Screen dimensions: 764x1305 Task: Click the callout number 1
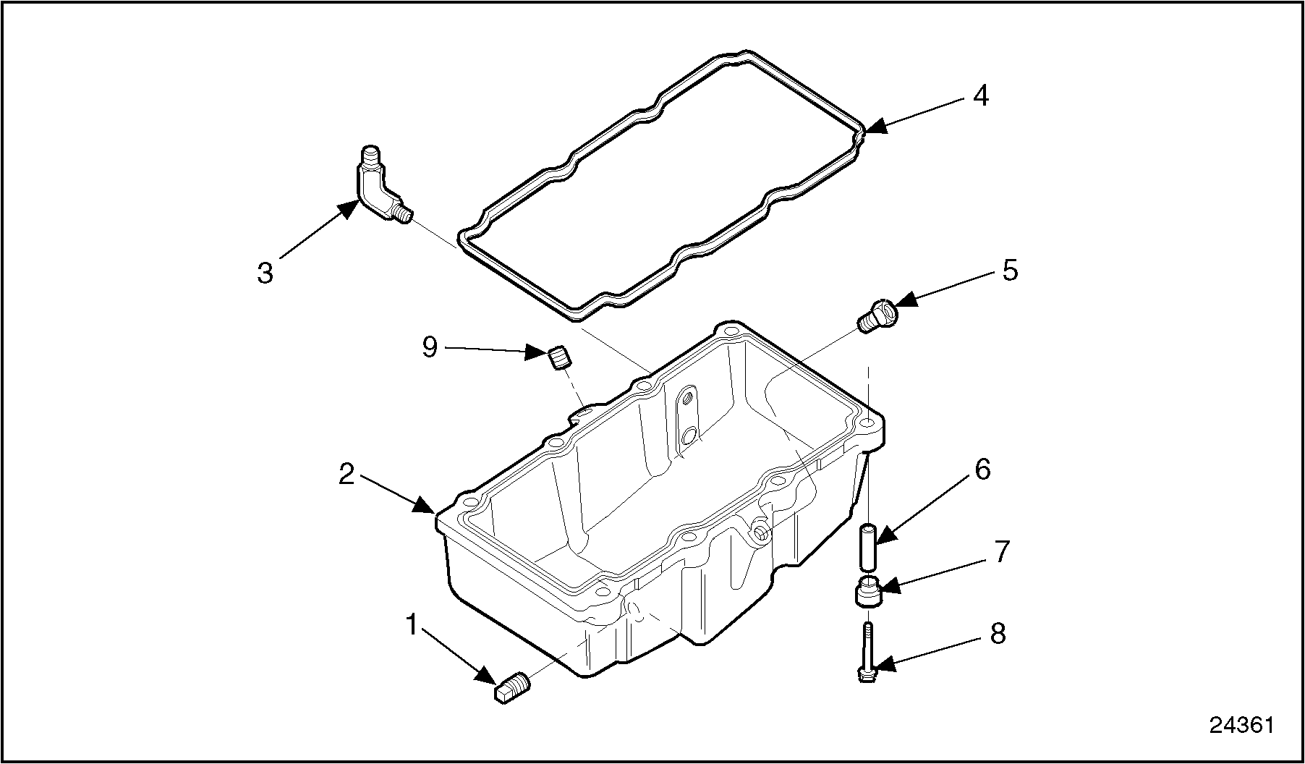(412, 624)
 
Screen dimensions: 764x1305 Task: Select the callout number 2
(347, 475)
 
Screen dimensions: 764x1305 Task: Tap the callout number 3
(265, 273)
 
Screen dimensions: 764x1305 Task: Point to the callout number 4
(980, 96)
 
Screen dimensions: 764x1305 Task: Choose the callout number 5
(1010, 271)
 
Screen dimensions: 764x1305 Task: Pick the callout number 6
(982, 470)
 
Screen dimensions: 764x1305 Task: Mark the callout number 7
(1001, 552)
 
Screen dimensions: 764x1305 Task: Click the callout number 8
(998, 634)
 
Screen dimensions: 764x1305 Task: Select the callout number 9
(430, 347)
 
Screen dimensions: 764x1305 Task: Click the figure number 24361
(1242, 725)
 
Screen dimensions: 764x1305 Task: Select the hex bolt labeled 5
(877, 315)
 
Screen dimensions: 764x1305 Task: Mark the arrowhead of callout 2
(425, 505)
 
